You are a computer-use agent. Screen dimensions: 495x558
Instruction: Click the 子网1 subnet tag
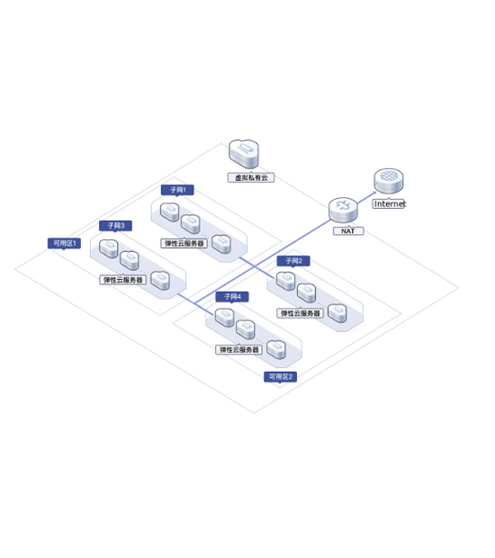point(177,190)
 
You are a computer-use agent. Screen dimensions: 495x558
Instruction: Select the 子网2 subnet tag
point(293,261)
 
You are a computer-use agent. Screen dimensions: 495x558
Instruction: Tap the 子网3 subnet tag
point(116,226)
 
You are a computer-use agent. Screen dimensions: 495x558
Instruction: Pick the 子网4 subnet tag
point(232,296)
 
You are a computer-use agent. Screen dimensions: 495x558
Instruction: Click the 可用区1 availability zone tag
point(65,243)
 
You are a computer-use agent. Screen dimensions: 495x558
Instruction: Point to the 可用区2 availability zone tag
point(281,377)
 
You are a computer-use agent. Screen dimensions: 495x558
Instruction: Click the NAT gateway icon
point(343,210)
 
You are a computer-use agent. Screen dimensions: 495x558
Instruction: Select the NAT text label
point(348,231)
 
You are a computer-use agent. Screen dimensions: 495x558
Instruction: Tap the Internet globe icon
point(389,181)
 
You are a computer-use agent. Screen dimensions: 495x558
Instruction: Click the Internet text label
point(389,204)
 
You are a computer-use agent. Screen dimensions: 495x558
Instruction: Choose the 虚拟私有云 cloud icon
point(244,154)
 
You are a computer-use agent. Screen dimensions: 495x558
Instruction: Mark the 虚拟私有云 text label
point(251,177)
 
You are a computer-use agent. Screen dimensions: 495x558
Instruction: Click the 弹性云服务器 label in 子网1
point(184,243)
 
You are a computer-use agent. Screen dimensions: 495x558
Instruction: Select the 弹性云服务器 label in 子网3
point(122,280)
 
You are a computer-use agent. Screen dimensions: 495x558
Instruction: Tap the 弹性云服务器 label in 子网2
point(300,313)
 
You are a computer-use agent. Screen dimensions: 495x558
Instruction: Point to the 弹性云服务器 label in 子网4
point(238,350)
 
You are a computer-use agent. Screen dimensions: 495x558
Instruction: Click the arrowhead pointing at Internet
point(373,193)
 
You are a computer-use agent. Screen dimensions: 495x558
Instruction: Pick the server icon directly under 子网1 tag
point(170,212)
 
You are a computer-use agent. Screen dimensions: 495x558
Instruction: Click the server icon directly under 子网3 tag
point(109,248)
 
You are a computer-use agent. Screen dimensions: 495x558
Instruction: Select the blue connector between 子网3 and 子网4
point(196,304)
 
